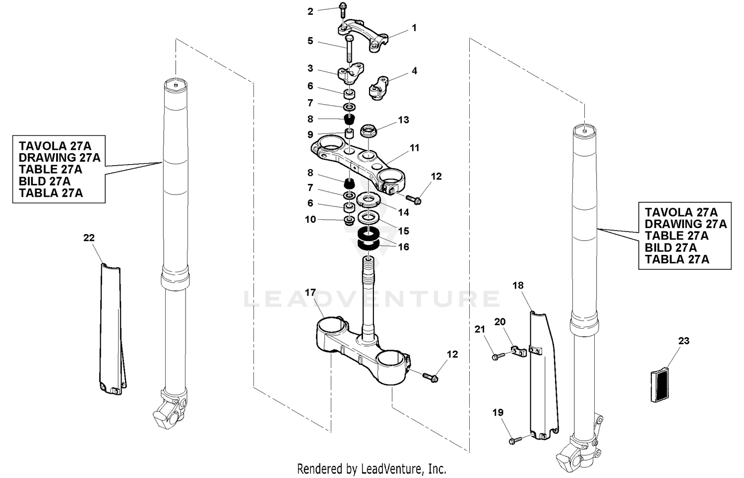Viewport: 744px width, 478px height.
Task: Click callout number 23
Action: point(683,341)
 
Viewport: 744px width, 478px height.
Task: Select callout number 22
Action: point(89,238)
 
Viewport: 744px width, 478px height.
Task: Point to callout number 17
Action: point(310,293)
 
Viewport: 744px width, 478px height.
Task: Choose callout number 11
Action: point(415,148)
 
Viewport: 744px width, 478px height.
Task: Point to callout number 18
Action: point(518,286)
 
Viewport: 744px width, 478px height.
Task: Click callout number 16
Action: point(404,247)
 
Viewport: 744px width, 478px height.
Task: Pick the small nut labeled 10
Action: point(349,220)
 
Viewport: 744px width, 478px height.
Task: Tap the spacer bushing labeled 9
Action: point(350,134)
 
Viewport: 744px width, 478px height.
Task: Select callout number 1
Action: point(414,28)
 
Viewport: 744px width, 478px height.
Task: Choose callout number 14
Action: point(404,212)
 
